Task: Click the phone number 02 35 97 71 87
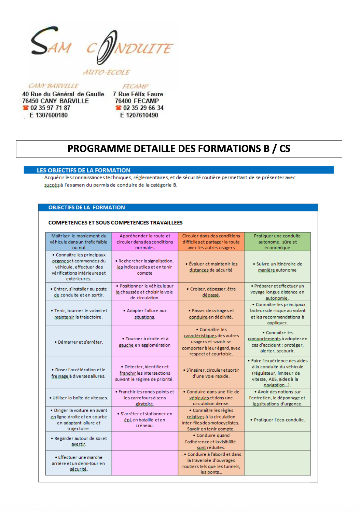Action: coord(50,108)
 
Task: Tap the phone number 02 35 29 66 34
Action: coord(143,108)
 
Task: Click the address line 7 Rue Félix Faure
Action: coord(138,94)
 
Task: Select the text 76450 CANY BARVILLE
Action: coord(55,101)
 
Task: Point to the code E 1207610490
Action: coord(139,115)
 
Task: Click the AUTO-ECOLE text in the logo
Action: coord(107,72)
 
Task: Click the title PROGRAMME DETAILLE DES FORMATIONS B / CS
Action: coord(179,149)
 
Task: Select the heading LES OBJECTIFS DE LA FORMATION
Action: coord(83,170)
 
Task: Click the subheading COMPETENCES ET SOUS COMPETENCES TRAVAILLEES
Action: coord(115,223)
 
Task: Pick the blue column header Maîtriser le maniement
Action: coord(79,242)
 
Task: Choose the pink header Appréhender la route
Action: coord(145,242)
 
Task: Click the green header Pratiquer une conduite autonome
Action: coord(277,242)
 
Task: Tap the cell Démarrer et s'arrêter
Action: coord(79,342)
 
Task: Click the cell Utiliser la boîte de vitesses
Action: coord(79,398)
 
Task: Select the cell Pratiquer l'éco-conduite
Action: coord(277,420)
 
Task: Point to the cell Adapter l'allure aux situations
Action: coord(145,314)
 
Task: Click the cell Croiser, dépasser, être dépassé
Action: coord(211,292)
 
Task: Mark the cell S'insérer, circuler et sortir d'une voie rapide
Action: coord(211,373)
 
